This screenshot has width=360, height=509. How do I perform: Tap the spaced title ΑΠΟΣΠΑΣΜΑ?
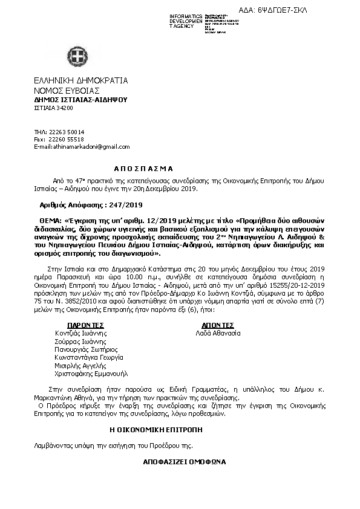[x=143, y=169]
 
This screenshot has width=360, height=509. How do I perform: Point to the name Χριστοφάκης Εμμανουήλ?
[x=91, y=374]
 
